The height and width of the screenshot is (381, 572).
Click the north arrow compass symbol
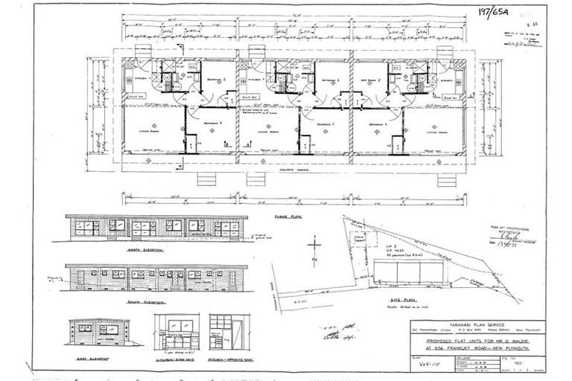click(x=315, y=249)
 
